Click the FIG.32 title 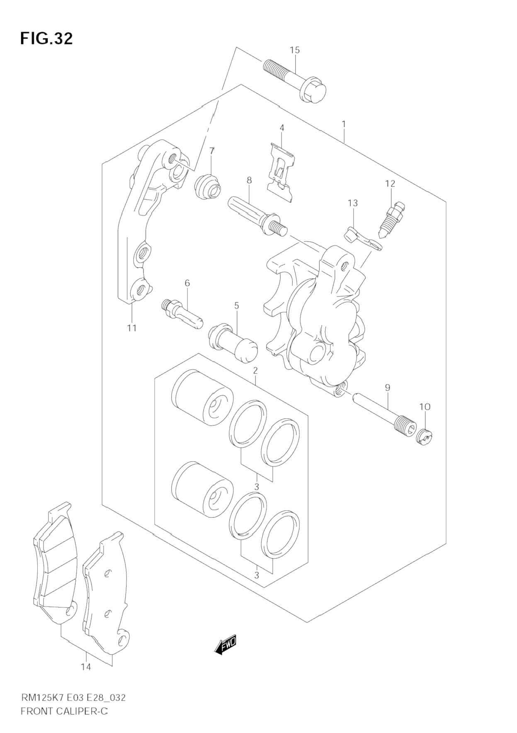point(46,39)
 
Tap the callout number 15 point(294,50)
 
